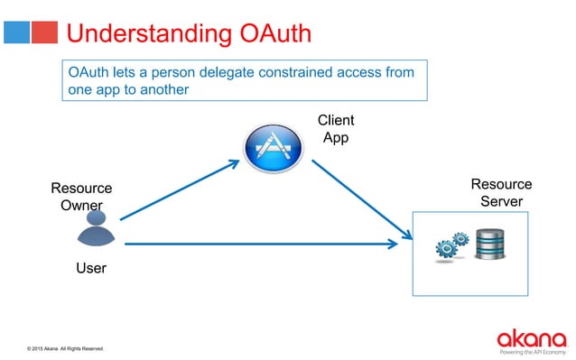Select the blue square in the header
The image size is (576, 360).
tap(15, 32)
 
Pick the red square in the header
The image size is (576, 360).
tap(44, 32)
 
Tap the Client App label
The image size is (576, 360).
tap(336, 129)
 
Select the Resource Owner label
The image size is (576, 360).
tap(81, 197)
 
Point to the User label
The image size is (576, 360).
tap(90, 268)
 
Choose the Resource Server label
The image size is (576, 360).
tap(501, 193)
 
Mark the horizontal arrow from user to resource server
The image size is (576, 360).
tap(262, 244)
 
